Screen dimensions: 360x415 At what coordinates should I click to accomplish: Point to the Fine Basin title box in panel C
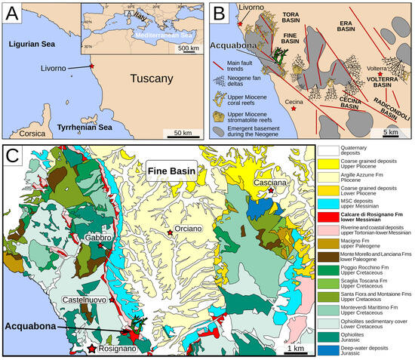[x=167, y=171]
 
